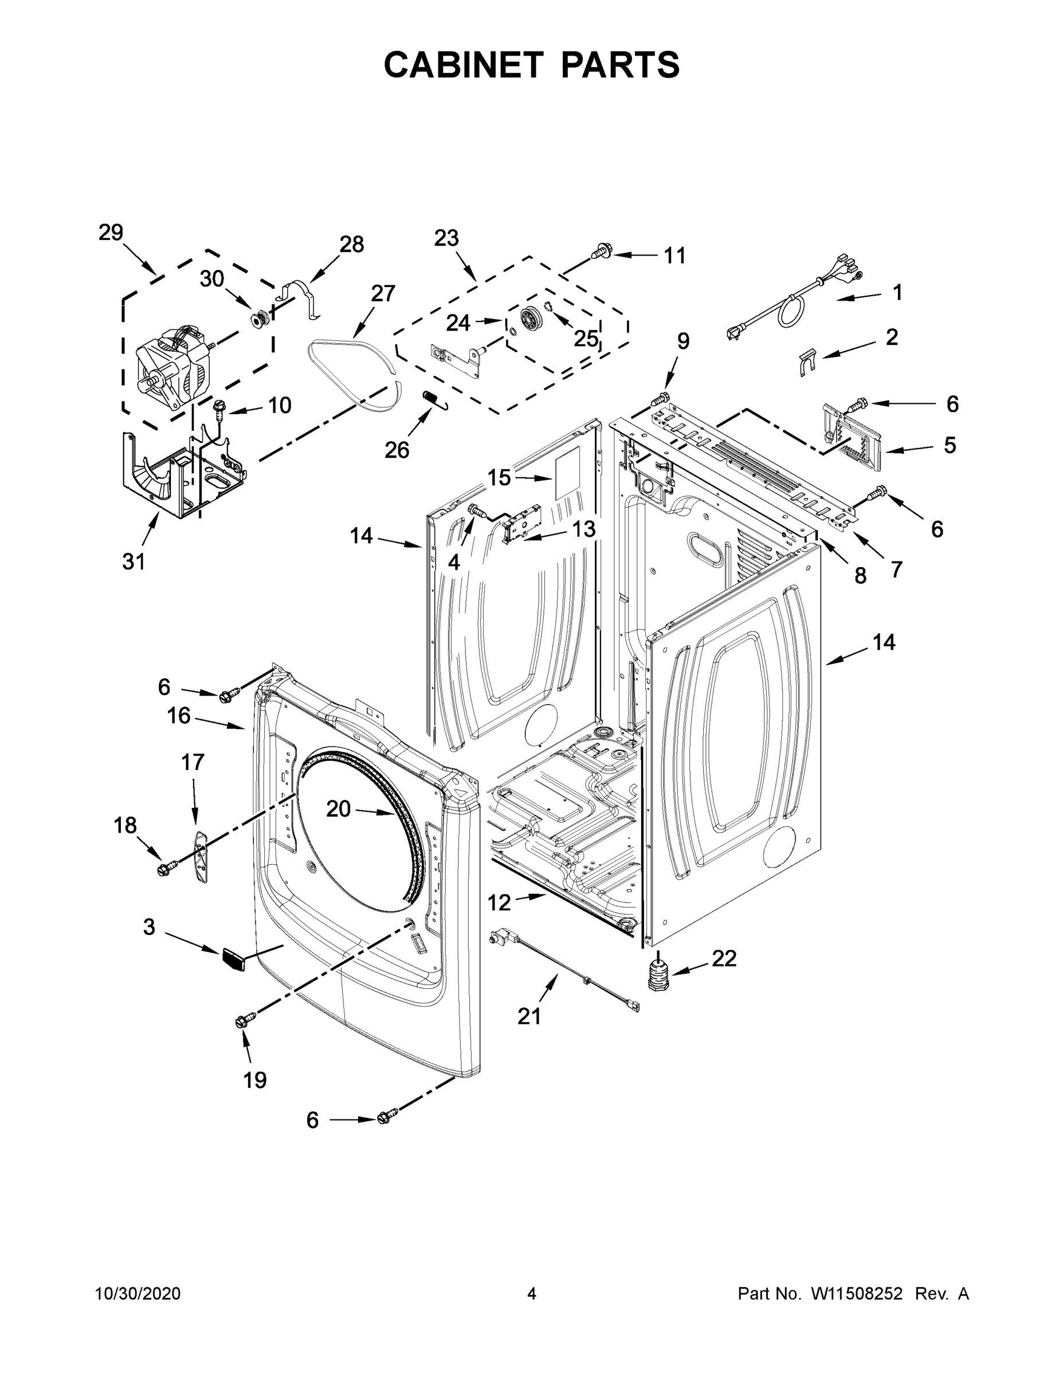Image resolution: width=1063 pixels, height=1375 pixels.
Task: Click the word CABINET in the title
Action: pyautogui.click(x=464, y=65)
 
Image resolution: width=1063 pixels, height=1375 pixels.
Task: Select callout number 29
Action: pyautogui.click(x=110, y=233)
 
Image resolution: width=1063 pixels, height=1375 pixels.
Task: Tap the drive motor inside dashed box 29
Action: pyautogui.click(x=173, y=371)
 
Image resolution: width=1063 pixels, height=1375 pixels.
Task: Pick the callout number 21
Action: pyautogui.click(x=529, y=1016)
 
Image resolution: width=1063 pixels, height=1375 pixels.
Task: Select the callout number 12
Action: pyautogui.click(x=499, y=903)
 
